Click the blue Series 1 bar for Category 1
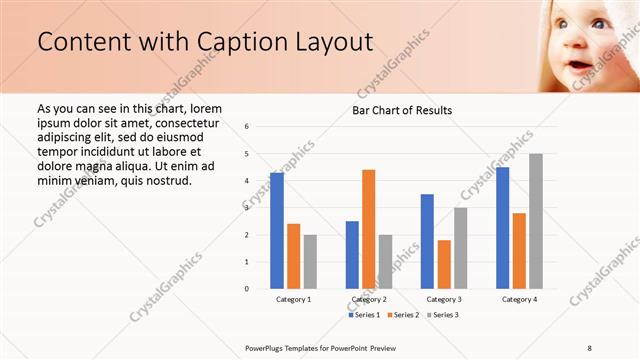tap(277, 231)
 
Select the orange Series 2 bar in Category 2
tap(369, 229)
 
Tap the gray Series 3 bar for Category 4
tap(536, 221)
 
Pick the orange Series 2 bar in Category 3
tap(444, 264)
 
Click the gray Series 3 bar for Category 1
tap(310, 262)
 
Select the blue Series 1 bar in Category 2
tap(352, 255)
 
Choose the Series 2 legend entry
tap(405, 315)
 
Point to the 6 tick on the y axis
tap(247, 127)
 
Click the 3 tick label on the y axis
tap(247, 208)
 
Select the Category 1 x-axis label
tap(293, 299)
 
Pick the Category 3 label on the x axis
tap(444, 299)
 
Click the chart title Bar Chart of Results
tap(402, 110)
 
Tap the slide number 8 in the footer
tap(590, 347)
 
